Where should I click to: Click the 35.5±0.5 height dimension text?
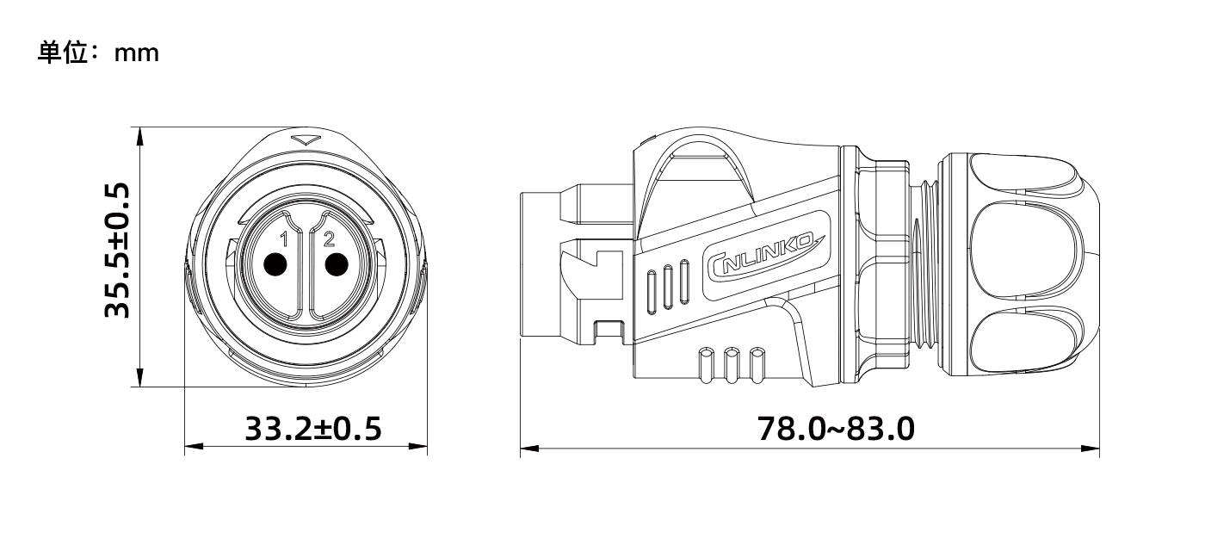(x=117, y=251)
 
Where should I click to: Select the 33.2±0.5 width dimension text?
(x=313, y=429)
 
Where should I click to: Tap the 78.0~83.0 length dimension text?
(x=836, y=429)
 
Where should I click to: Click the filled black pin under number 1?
(x=276, y=264)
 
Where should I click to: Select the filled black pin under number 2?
(x=337, y=264)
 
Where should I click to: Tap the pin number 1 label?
(x=285, y=239)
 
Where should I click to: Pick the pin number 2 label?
(x=329, y=239)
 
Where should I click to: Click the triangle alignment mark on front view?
(x=306, y=139)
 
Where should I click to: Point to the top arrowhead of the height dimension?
(x=140, y=136)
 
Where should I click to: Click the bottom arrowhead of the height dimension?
(x=140, y=378)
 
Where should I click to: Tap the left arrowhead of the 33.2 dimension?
(x=194, y=446)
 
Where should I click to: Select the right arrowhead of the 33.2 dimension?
(x=418, y=446)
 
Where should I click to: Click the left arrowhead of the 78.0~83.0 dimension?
(x=530, y=449)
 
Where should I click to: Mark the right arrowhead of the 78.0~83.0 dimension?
(x=1090, y=449)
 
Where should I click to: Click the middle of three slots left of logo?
(x=668, y=287)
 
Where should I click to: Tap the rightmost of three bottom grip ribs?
(x=757, y=365)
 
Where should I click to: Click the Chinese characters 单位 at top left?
(x=62, y=53)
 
